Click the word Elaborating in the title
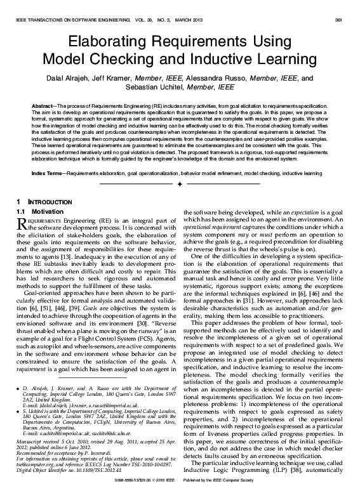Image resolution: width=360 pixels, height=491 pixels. [108, 43]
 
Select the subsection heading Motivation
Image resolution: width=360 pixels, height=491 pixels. [48, 210]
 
